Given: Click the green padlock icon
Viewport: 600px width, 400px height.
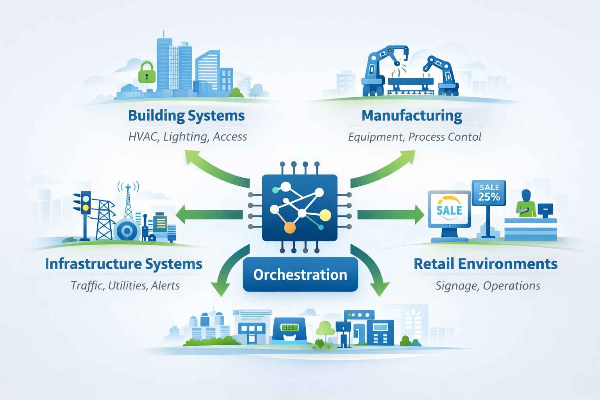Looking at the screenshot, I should [147, 73].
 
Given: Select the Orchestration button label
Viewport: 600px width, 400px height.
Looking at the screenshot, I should [300, 275].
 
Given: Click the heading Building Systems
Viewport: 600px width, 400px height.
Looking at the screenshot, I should [186, 116].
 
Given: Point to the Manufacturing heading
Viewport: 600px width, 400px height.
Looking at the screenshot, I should [412, 116].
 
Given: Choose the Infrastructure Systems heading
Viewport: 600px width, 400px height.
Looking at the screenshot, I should [123, 264].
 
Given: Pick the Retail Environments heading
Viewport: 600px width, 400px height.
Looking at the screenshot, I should [485, 264].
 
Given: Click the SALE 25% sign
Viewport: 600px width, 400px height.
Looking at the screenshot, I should [489, 193].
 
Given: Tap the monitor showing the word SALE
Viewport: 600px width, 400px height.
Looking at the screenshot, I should [449, 210].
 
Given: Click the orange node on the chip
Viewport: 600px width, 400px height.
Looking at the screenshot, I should [289, 227].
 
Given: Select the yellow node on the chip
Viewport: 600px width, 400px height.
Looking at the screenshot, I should [325, 215].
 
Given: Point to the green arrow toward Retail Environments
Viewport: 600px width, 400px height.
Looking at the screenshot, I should [391, 214].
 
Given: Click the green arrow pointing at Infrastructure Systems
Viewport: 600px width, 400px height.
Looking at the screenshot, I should [209, 214].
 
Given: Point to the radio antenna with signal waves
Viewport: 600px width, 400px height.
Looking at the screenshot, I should [128, 199].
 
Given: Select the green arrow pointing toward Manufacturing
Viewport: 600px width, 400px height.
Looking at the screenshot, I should [385, 170].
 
